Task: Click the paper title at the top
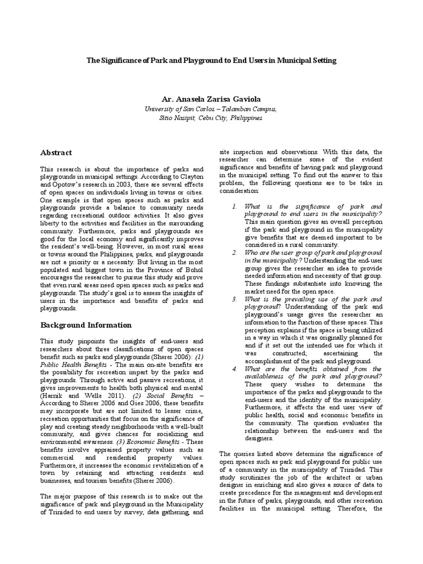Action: [211, 59]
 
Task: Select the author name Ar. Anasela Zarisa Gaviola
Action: [211, 99]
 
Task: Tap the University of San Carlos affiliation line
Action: [211, 109]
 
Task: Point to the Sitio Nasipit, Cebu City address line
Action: [211, 117]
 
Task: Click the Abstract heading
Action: [56, 152]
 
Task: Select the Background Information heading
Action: [86, 325]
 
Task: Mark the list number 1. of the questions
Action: [234, 206]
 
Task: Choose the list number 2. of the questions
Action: [234, 252]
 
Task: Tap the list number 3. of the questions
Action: [234, 299]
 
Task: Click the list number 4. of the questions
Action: [234, 368]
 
